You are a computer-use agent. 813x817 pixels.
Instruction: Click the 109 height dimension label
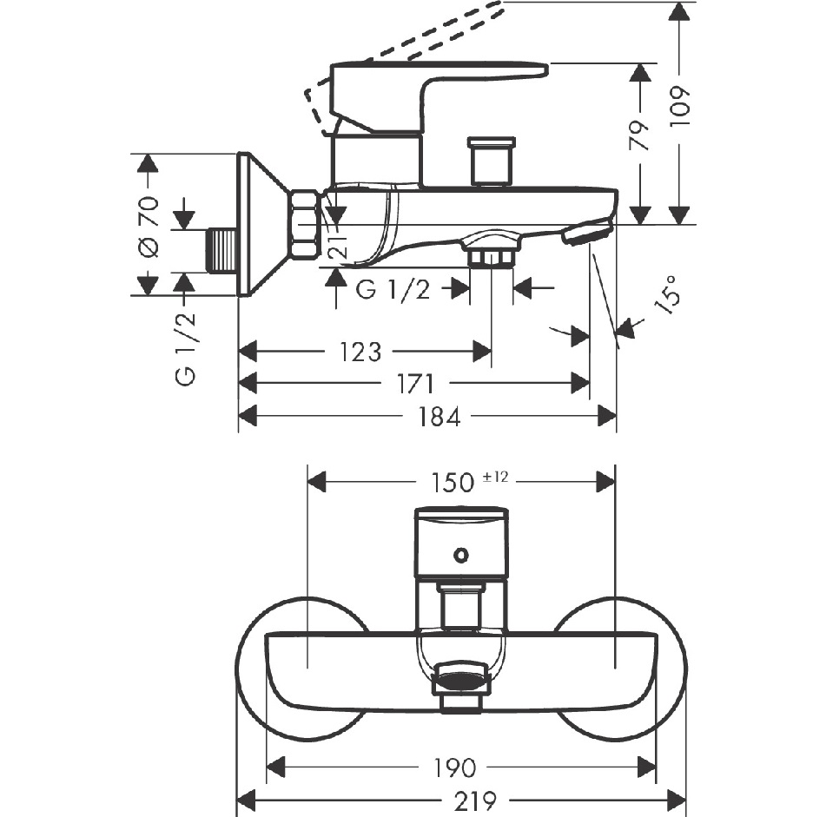tap(681, 106)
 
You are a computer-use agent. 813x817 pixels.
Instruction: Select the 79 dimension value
tap(640, 135)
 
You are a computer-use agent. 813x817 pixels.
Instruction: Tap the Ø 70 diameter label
tap(149, 227)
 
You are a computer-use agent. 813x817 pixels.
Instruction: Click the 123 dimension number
tap(360, 352)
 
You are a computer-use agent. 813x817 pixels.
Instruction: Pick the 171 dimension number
tap(415, 385)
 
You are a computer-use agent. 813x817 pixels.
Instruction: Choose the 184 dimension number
tap(440, 418)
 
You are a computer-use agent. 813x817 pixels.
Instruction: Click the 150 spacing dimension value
tap(452, 483)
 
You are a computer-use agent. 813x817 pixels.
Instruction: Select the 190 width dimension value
tap(454, 768)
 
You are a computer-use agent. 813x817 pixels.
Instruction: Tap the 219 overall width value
tap(475, 800)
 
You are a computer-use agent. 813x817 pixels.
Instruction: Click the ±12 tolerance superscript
tap(495, 477)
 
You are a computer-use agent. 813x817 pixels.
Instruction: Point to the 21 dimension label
tap(339, 245)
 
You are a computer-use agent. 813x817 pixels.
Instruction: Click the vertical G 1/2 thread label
tap(187, 349)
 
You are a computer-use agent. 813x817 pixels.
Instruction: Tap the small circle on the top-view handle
tap(460, 555)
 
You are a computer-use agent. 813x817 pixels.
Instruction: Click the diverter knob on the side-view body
tap(492, 161)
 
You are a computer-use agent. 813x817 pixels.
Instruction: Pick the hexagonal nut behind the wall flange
tap(306, 224)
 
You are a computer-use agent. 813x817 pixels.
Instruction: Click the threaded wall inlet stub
tap(222, 251)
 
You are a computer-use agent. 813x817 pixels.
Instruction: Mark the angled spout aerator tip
tap(586, 233)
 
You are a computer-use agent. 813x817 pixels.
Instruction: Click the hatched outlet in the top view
tap(460, 680)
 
